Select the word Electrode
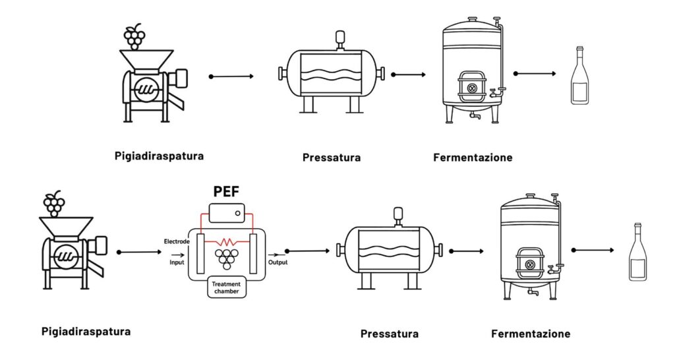[x=177, y=242]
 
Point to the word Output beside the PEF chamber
[x=277, y=262]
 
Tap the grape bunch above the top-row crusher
[x=134, y=36]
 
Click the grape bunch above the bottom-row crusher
[x=55, y=204]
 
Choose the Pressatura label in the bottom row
[x=389, y=334]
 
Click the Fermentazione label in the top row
[x=473, y=158]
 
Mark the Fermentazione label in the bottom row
[x=531, y=334]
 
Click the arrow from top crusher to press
[x=231, y=76]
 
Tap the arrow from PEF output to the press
[x=307, y=251]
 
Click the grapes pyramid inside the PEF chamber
[x=228, y=256]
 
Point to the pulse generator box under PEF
[x=227, y=213]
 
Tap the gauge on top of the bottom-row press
[x=398, y=214]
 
